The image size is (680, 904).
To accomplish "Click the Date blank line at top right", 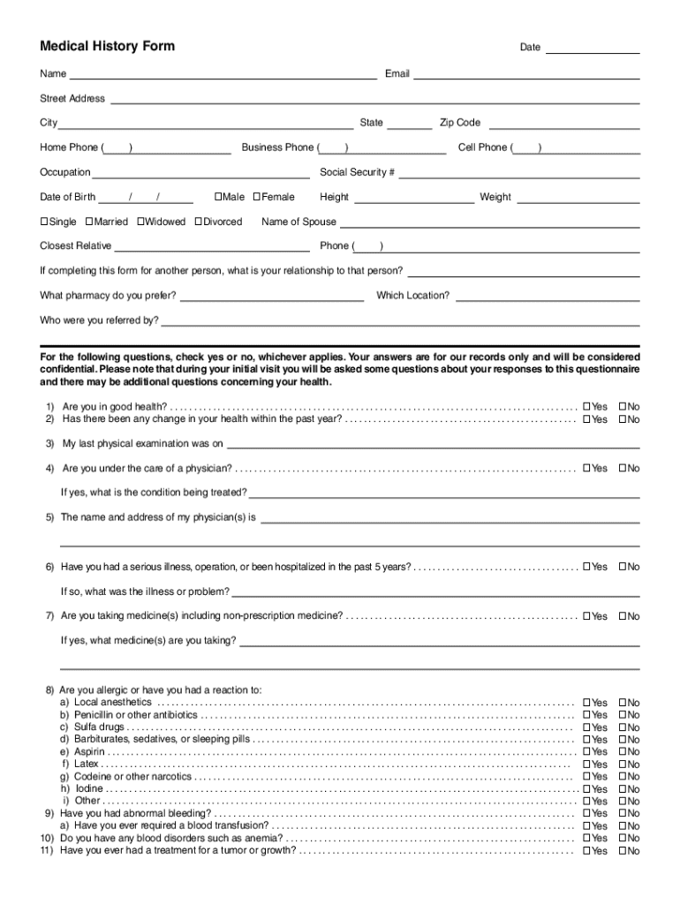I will tap(593, 49).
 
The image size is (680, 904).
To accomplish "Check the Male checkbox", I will tap(218, 197).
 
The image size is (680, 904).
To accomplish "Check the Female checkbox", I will tap(257, 197).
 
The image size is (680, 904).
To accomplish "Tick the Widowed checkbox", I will tap(140, 222).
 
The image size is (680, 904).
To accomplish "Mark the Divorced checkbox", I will tap(199, 222).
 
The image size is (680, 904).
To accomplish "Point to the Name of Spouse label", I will tap(298, 222).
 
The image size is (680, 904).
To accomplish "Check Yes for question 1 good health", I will tap(586, 407).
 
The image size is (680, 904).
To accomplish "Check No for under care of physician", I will tap(623, 468).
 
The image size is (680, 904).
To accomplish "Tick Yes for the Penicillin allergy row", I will tap(586, 715).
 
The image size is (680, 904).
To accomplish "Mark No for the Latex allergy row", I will tap(623, 765).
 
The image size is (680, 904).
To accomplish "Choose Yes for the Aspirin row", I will tap(586, 752).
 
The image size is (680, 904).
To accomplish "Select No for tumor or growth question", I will tap(623, 851).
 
